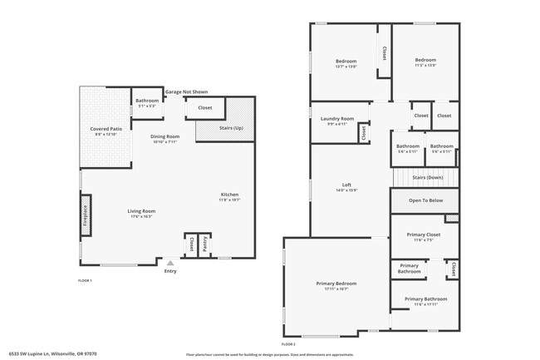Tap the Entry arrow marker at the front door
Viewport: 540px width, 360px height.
point(170,263)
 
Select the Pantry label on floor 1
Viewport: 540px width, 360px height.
point(205,244)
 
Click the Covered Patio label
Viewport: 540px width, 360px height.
point(106,129)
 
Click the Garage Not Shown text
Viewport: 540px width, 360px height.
point(186,91)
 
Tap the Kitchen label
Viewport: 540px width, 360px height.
point(229,195)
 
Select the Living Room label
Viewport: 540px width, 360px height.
point(141,211)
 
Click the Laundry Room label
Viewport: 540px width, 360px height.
point(336,119)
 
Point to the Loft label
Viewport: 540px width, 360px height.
point(346,185)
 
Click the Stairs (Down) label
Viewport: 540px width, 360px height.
point(427,177)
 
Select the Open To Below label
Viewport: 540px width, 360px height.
point(425,200)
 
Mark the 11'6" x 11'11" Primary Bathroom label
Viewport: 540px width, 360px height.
point(425,299)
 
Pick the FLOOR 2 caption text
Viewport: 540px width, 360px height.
point(288,343)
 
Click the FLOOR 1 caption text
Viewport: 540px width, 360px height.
point(85,281)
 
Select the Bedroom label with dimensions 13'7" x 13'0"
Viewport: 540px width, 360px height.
point(346,61)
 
